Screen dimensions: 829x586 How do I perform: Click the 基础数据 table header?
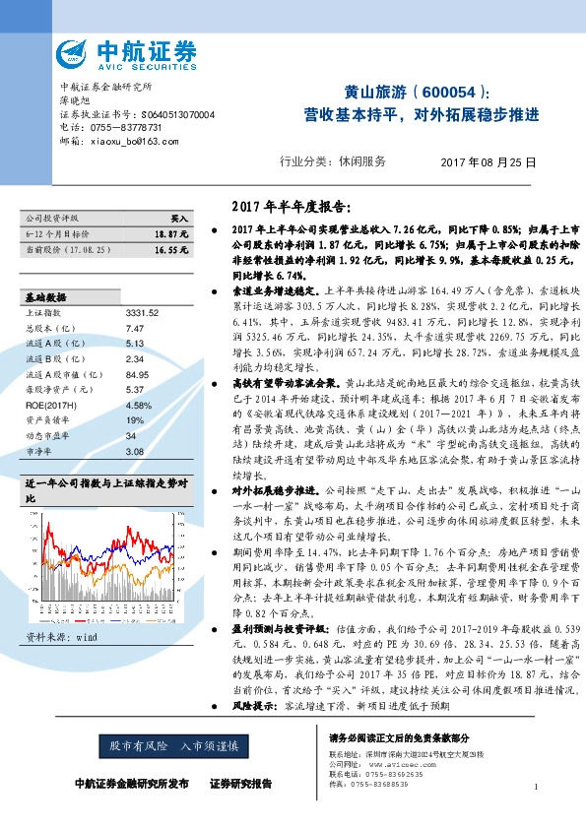pyautogui.click(x=45, y=297)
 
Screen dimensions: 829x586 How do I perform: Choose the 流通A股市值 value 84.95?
pyautogui.click(x=137, y=374)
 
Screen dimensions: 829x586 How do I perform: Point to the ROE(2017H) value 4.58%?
pyautogui.click(x=138, y=405)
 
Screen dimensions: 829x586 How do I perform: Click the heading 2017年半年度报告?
pyautogui.click(x=286, y=208)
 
